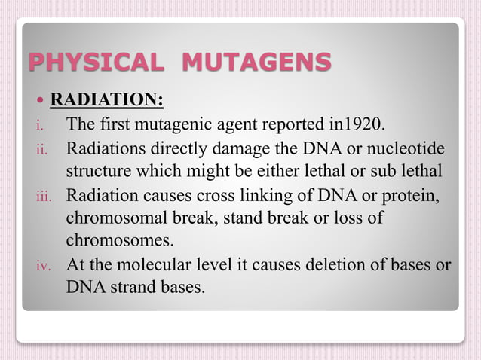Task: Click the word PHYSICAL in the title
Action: point(94,62)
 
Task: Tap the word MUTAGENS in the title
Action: point(256,62)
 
